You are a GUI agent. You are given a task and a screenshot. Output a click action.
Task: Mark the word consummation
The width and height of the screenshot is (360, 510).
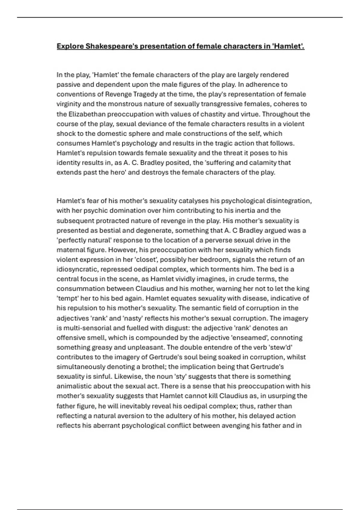click(76, 289)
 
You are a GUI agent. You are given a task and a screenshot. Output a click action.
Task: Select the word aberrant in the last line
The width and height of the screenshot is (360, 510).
click(100, 425)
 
